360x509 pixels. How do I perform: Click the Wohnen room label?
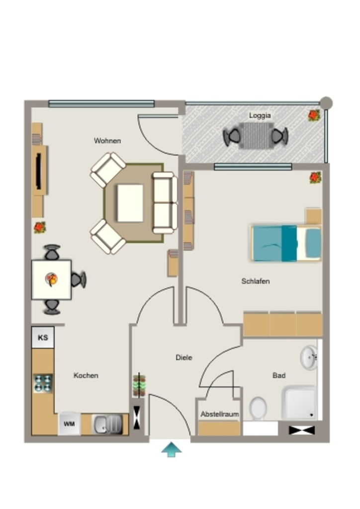(x=107, y=141)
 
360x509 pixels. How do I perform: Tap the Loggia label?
(x=260, y=115)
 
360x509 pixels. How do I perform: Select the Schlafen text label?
(x=256, y=281)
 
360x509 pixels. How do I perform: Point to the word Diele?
(x=184, y=357)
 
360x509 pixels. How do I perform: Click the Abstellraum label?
(x=219, y=414)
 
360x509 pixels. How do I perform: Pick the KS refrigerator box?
(x=43, y=338)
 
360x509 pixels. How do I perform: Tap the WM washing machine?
(x=69, y=424)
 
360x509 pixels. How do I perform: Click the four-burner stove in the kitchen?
(x=43, y=383)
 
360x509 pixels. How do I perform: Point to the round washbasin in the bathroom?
(x=309, y=357)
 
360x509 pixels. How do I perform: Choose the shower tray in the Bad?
(x=299, y=403)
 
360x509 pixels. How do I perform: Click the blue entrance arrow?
(x=172, y=449)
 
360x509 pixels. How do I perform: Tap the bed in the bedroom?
(x=286, y=243)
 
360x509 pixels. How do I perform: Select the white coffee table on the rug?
(x=130, y=203)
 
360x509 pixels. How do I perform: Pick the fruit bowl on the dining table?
(x=51, y=279)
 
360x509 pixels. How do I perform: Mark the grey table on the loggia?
(x=256, y=136)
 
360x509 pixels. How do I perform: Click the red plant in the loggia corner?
(x=314, y=115)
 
